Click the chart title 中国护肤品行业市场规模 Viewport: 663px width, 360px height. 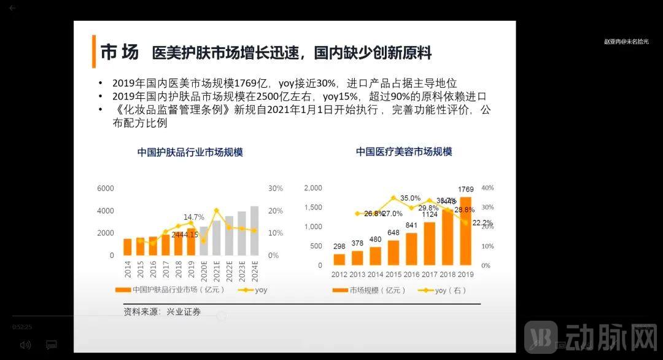click(x=190, y=152)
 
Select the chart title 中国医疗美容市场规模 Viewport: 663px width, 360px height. click(x=403, y=151)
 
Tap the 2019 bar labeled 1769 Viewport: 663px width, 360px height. click(x=465, y=231)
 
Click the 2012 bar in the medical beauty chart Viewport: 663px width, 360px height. click(x=339, y=259)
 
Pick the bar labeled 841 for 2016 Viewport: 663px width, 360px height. click(x=411, y=249)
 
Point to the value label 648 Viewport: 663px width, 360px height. click(x=394, y=233)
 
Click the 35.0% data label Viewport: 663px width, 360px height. click(x=410, y=198)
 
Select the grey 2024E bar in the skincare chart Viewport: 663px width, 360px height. click(x=254, y=230)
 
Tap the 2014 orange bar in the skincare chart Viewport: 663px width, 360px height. click(x=128, y=247)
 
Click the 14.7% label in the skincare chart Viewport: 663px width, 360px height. click(x=194, y=217)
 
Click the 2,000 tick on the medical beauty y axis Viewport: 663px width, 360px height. click(x=313, y=188)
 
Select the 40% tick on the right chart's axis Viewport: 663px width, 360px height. click(x=487, y=188)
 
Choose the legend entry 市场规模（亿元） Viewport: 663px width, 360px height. click(x=372, y=291)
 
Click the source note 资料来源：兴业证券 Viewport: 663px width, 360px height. click(x=162, y=311)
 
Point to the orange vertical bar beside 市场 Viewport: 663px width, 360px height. click(x=94, y=52)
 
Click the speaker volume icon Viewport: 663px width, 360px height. click(x=25, y=345)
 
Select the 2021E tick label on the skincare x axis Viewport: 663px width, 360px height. click(x=216, y=270)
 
